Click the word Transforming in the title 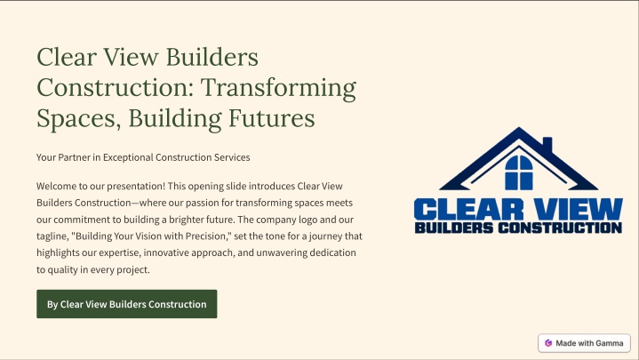coord(279,88)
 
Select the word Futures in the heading coord(271,118)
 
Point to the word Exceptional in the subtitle coord(128,157)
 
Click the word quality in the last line coord(61,270)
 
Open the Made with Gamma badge coord(584,343)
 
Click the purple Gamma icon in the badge coord(548,343)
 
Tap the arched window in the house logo coord(519,172)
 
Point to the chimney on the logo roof coord(547,144)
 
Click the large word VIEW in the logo coord(578,210)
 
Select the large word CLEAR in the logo coord(468,210)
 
